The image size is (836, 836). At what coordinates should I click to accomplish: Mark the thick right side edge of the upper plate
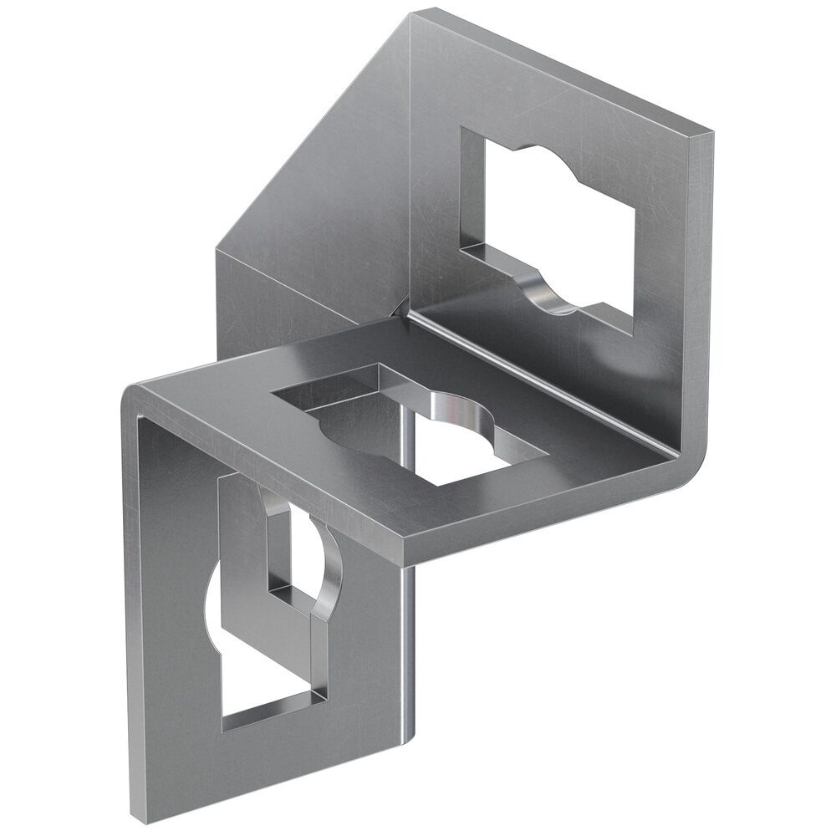pos(698,276)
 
